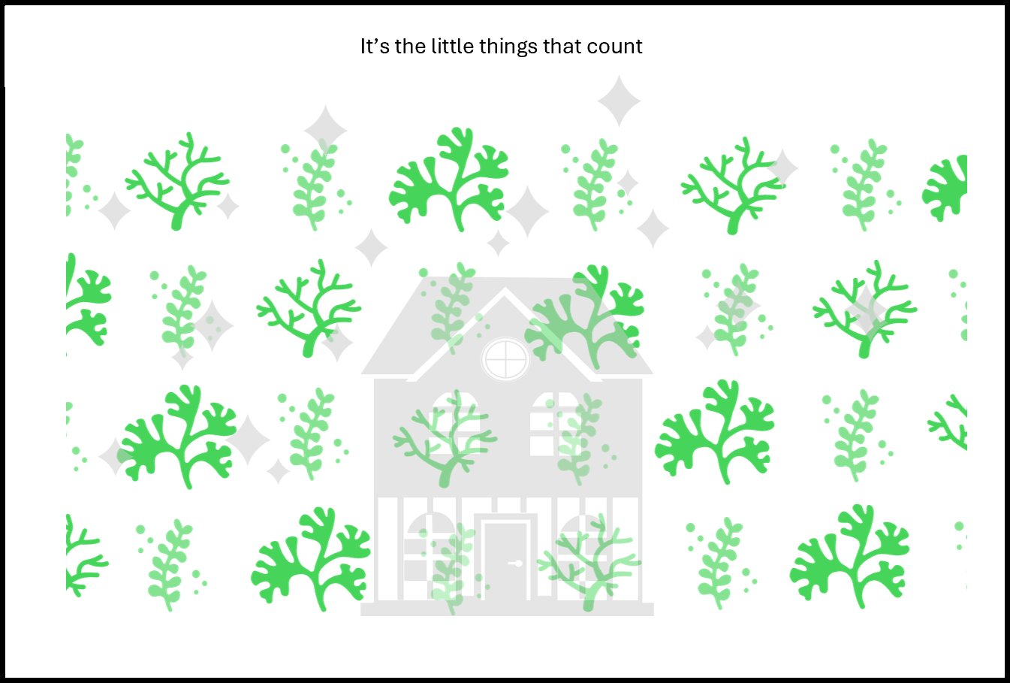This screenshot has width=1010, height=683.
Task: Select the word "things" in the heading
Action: (x=508, y=47)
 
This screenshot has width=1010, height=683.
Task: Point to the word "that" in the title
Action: (x=562, y=46)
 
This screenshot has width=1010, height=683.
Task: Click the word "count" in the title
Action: (x=614, y=47)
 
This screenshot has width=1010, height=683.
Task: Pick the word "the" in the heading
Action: (x=410, y=46)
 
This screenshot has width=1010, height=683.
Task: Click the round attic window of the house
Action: (x=505, y=359)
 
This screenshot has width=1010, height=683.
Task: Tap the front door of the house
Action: (x=505, y=561)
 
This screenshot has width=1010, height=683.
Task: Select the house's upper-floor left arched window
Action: (x=455, y=423)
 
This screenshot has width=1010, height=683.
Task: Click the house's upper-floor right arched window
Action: (x=554, y=423)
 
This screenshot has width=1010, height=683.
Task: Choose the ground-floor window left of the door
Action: (x=430, y=547)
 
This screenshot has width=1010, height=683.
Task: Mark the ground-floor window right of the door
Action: (x=582, y=547)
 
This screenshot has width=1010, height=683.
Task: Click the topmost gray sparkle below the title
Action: (x=619, y=101)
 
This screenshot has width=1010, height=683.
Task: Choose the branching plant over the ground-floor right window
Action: (x=589, y=562)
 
